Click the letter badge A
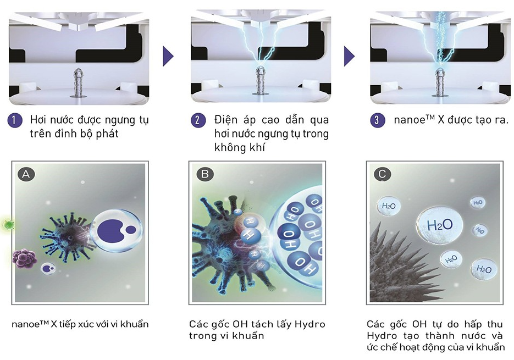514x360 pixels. (26, 174)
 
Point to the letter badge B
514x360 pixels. (205, 174)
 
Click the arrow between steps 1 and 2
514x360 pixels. (168, 56)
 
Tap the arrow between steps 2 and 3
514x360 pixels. (349, 56)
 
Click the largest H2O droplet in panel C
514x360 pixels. (439, 224)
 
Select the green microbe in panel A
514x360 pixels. (8, 224)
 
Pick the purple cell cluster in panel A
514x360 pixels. (24, 258)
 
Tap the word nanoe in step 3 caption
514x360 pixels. (407, 120)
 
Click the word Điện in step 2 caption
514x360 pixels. (226, 120)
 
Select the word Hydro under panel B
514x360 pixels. (310, 324)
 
